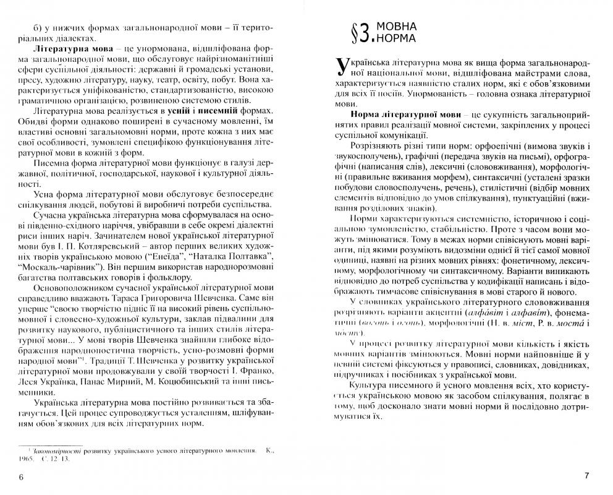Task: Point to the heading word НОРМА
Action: point(396,40)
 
